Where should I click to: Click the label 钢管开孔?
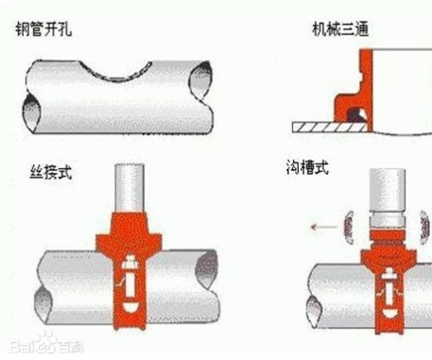(x=43, y=29)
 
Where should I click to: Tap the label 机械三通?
(x=340, y=29)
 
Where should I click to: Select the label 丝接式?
(x=51, y=172)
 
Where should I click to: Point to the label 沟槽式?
(x=307, y=167)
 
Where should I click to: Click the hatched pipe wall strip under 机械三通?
(x=330, y=127)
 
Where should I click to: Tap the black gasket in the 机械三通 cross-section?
(x=356, y=115)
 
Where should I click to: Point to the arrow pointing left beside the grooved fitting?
(x=323, y=227)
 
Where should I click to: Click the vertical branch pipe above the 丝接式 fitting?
(x=130, y=188)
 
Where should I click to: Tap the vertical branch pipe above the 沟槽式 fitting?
(x=388, y=190)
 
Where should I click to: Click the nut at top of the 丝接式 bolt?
(x=130, y=263)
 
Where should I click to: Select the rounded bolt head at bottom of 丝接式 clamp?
(x=130, y=307)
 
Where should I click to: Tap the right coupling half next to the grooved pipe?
(x=425, y=227)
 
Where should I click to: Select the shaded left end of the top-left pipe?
(x=32, y=112)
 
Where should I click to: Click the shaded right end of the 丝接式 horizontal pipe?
(x=207, y=269)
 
